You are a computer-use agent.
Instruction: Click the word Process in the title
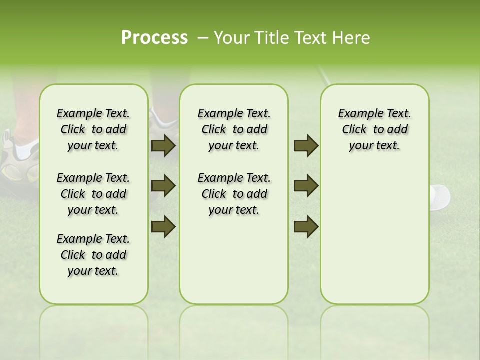pyautogui.click(x=154, y=38)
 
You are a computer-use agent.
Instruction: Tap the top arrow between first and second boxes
pyautogui.click(x=163, y=145)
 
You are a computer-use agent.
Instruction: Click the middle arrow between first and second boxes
pyautogui.click(x=163, y=186)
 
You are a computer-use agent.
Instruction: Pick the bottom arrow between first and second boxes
pyautogui.click(x=163, y=227)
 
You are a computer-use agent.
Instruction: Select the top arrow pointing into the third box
pyautogui.click(x=306, y=145)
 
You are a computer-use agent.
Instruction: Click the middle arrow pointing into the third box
pyautogui.click(x=306, y=186)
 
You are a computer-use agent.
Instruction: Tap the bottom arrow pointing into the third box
pyautogui.click(x=306, y=227)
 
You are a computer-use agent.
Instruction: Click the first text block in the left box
pyautogui.click(x=93, y=129)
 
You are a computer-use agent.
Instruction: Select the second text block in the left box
pyautogui.click(x=93, y=194)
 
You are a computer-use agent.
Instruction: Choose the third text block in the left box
pyautogui.click(x=93, y=255)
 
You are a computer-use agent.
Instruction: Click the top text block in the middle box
pyautogui.click(x=234, y=129)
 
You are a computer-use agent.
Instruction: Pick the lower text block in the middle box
pyautogui.click(x=234, y=194)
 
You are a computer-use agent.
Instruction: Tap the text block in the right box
pyautogui.click(x=374, y=129)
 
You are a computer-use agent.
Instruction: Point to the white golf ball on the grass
pyautogui.click(x=440, y=196)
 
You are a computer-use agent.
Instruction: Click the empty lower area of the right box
pyautogui.click(x=374, y=240)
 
